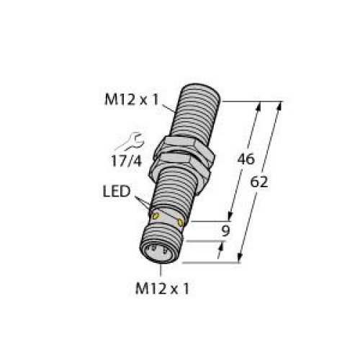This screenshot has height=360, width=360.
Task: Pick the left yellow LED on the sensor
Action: (x=154, y=214)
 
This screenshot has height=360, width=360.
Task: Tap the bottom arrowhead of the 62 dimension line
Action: (x=242, y=260)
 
